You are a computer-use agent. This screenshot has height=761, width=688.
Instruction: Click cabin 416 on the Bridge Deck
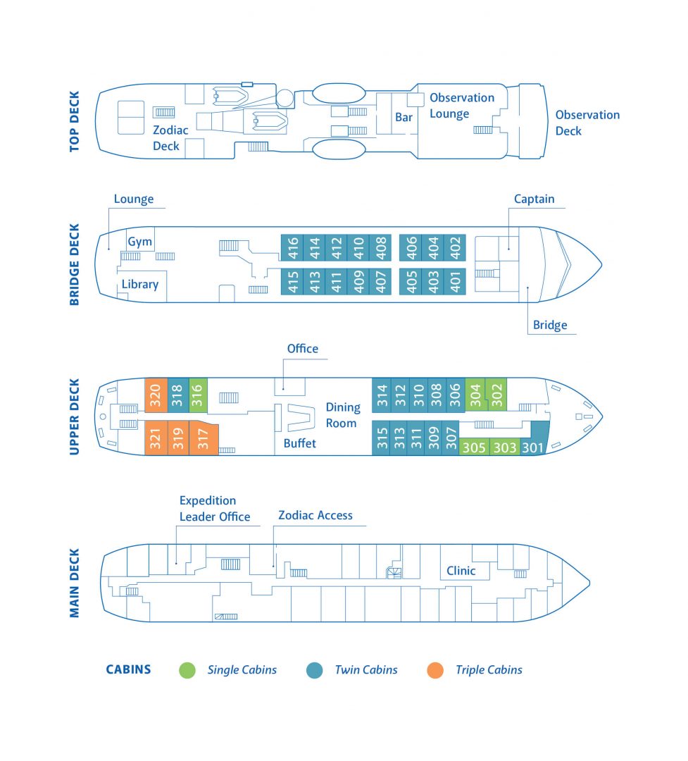pos(292,249)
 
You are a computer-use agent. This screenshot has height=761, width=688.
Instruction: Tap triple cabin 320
pos(156,396)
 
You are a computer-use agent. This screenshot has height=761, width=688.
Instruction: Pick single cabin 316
pos(199,396)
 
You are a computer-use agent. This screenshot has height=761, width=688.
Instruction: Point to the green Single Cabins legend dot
pos(187,670)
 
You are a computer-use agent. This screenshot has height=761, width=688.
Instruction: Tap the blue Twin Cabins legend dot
pos(315,670)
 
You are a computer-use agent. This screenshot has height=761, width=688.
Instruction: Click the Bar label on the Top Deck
pos(404,118)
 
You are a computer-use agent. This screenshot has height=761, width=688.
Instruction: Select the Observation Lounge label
pos(462,106)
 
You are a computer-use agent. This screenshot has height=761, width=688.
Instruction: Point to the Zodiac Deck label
pos(170,138)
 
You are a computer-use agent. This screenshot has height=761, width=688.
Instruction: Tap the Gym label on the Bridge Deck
pos(139,242)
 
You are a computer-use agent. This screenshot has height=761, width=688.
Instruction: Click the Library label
pos(139,285)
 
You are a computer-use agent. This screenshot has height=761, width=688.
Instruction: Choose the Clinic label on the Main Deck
pos(461,571)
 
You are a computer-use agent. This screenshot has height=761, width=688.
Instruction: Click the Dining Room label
pos(343,415)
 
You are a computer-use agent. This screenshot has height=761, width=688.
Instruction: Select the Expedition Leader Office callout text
pos(215,509)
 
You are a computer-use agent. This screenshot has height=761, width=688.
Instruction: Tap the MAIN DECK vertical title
pos(75,583)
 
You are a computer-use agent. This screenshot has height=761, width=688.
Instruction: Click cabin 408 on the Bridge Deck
pos(382,249)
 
